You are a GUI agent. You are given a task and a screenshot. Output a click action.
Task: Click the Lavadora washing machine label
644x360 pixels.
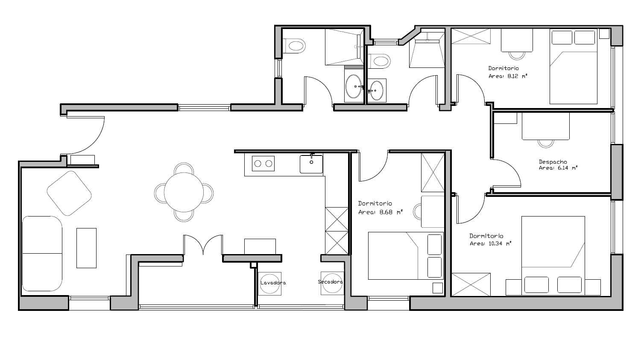click(x=273, y=283)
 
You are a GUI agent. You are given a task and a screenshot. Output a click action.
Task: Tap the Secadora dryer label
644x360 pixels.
click(x=331, y=282)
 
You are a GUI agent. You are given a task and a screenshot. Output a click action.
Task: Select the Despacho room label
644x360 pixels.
click(x=553, y=162)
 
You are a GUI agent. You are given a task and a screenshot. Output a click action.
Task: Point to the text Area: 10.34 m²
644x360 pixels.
click(x=491, y=243)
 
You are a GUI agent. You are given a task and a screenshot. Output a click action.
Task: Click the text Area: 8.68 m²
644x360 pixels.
click(x=381, y=213)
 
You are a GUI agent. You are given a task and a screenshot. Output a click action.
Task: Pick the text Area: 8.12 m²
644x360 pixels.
click(x=508, y=76)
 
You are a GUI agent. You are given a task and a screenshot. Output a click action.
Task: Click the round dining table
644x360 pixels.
click(x=184, y=192)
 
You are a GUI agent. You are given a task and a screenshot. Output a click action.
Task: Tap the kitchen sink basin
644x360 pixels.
click(x=311, y=164)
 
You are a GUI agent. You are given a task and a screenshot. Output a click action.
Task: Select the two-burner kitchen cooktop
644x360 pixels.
click(x=263, y=164)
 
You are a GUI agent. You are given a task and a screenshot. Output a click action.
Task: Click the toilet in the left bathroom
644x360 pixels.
click(x=294, y=46)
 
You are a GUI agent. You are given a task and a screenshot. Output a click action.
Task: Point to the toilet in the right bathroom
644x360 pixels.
click(x=379, y=61)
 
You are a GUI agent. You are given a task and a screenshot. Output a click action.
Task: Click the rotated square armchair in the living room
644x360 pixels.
click(x=69, y=193)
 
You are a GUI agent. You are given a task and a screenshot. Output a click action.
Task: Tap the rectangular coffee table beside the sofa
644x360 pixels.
click(x=86, y=248)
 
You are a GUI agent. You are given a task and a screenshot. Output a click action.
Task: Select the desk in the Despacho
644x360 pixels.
click(x=546, y=126)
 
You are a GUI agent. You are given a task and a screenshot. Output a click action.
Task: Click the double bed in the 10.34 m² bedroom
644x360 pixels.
click(x=553, y=256)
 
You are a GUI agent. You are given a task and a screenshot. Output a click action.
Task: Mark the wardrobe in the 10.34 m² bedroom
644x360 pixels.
click(x=471, y=284)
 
